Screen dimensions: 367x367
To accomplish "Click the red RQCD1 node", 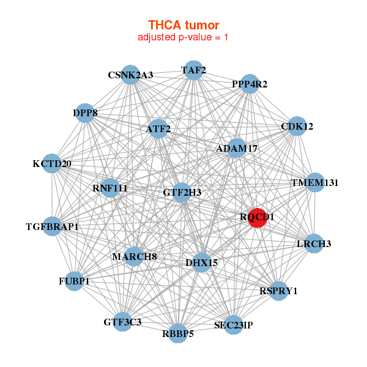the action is (x=258, y=217).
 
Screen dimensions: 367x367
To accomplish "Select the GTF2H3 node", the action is (x=182, y=193).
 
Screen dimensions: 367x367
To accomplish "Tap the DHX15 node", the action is (x=201, y=263).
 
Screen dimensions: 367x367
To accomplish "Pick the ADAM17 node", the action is (x=237, y=149).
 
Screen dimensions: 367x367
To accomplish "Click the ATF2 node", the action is (x=158, y=129).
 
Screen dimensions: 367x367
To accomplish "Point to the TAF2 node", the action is (x=193, y=70).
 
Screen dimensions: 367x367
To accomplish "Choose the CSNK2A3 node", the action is (x=130, y=75).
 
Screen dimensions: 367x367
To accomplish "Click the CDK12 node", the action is (x=297, y=127).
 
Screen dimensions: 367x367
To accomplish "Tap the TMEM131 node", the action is (x=314, y=182).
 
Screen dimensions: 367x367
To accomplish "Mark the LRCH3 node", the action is (x=314, y=244).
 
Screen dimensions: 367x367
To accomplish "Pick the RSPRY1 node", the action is (x=278, y=291).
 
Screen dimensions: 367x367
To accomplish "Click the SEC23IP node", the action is (x=233, y=325).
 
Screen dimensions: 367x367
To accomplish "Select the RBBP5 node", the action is (x=178, y=333).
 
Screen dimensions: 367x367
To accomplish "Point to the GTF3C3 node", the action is (x=122, y=322).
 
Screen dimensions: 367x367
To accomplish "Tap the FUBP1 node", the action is (x=74, y=281).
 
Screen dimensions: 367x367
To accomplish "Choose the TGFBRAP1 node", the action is (x=53, y=227).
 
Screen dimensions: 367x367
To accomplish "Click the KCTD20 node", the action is (x=52, y=164).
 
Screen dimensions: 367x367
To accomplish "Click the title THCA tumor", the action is (x=183, y=25).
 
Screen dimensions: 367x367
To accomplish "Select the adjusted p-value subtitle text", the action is (x=183, y=37).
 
